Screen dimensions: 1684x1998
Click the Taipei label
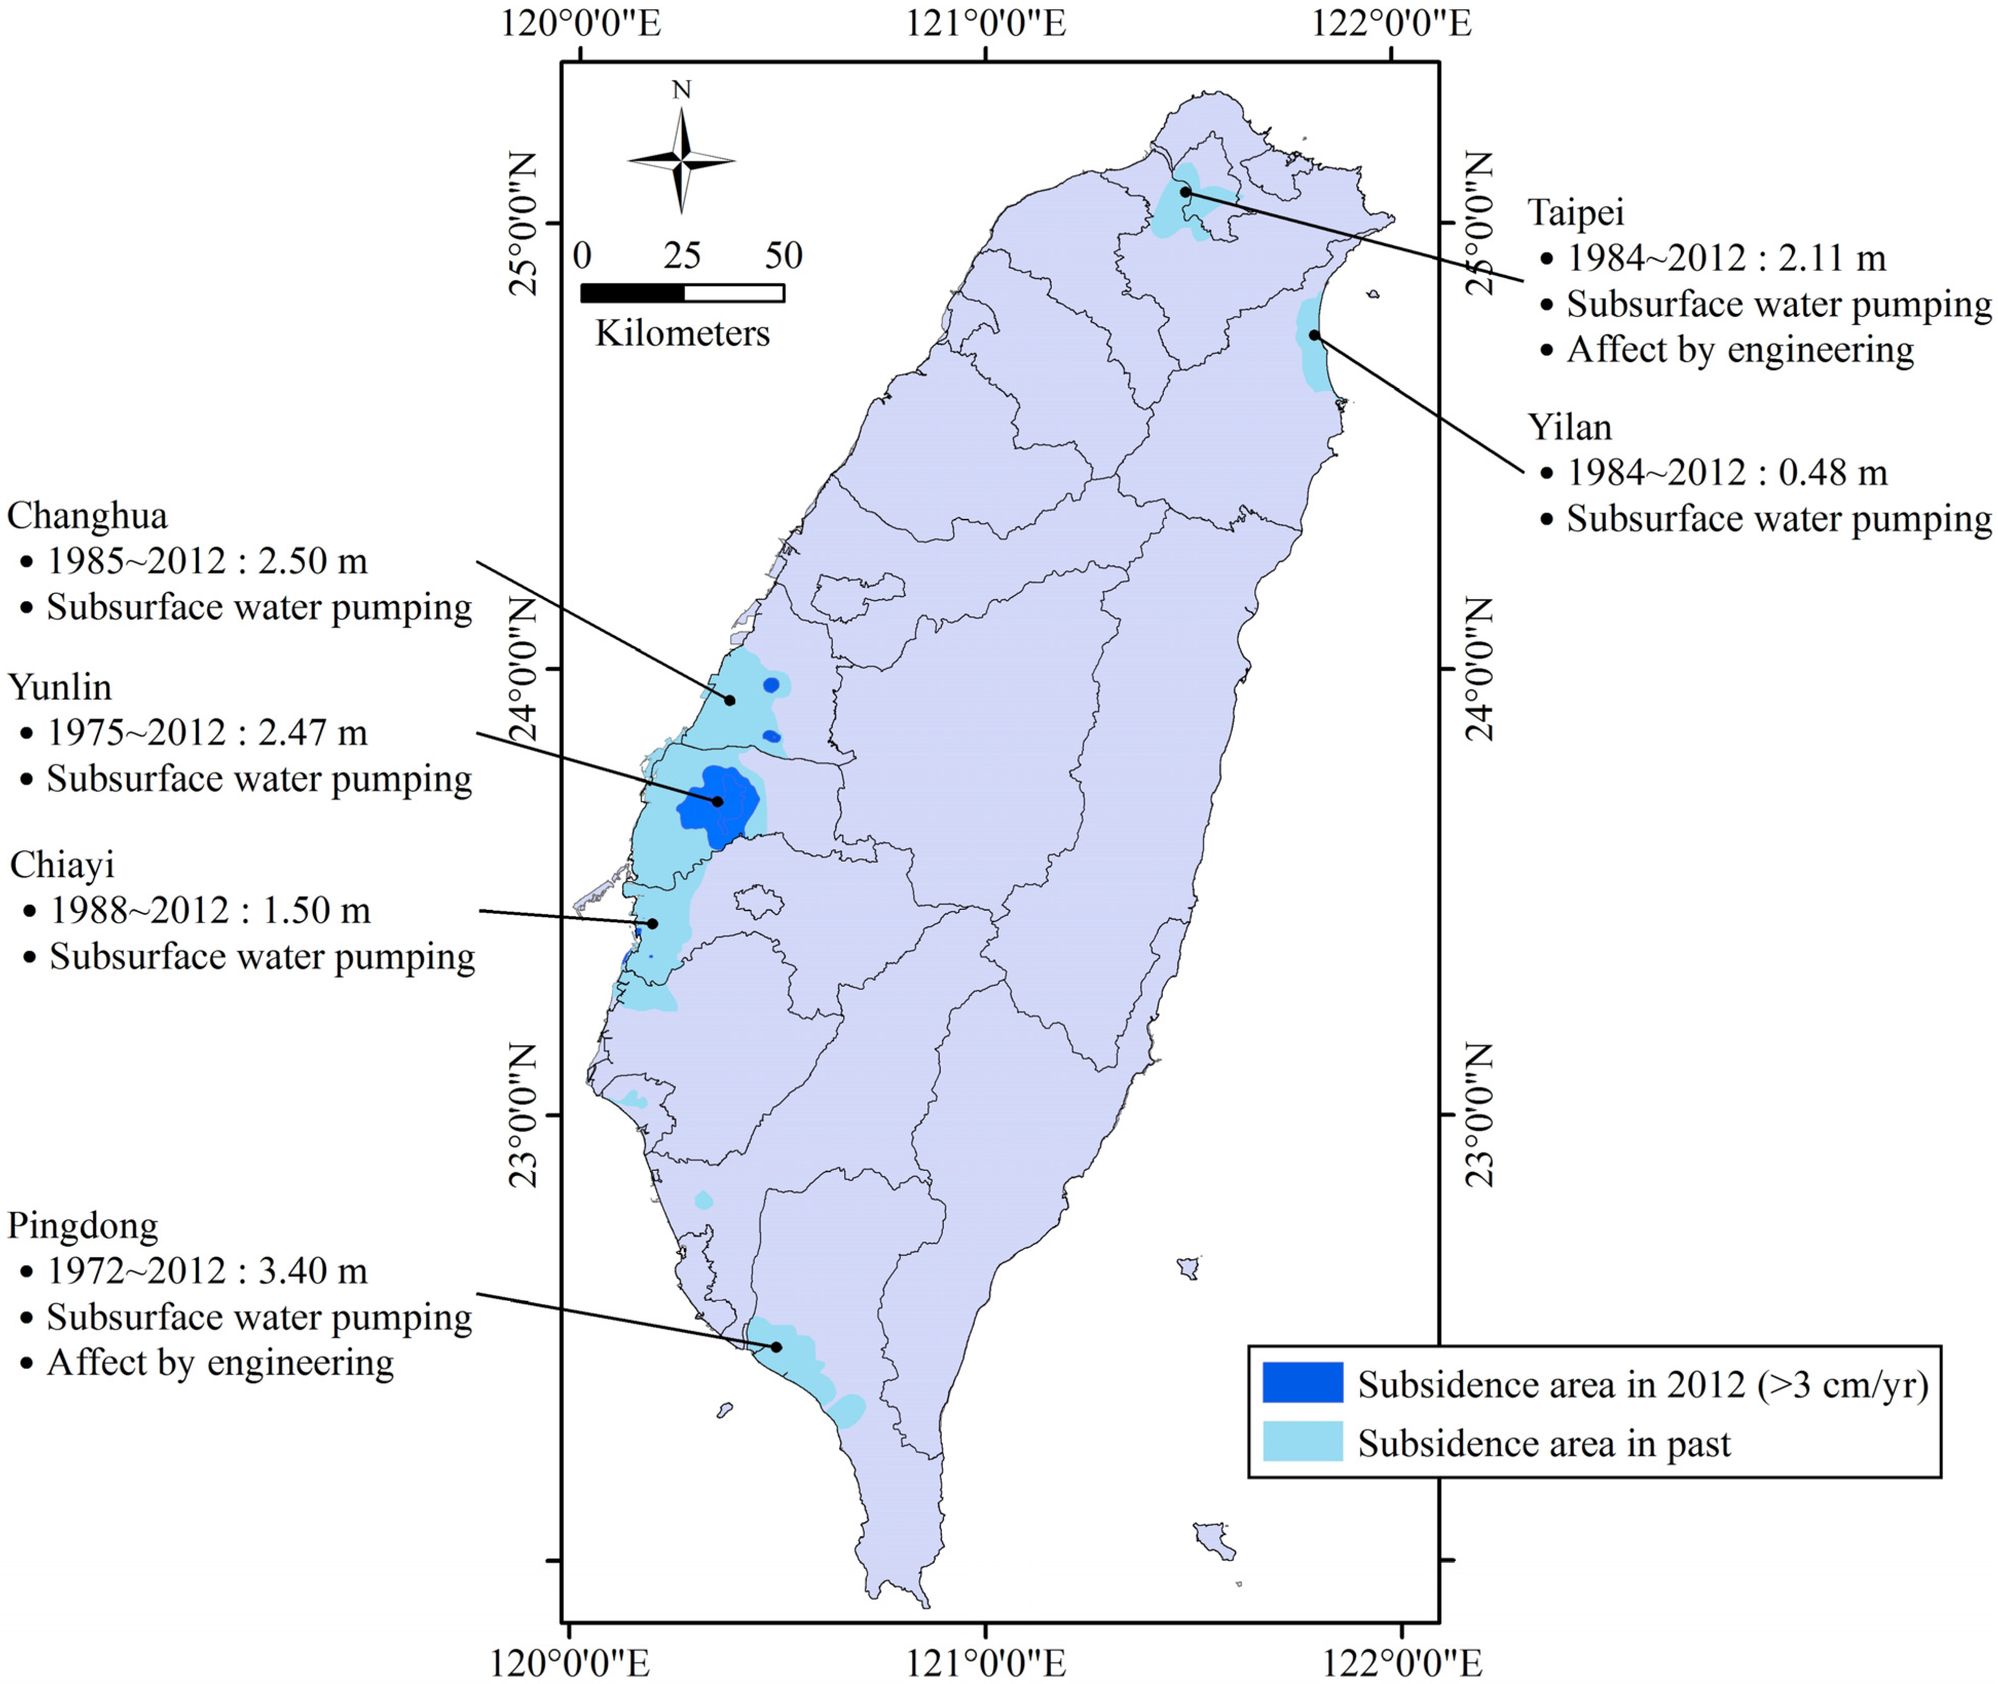pos(1575,213)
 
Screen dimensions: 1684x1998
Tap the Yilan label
pos(1569,427)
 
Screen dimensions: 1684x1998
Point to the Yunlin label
pos(59,687)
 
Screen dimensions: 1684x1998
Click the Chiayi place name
pos(62,865)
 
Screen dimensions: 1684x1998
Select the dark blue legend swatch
pos(1302,1382)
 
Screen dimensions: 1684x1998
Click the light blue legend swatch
pos(1302,1442)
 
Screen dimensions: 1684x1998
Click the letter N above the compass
pos(681,91)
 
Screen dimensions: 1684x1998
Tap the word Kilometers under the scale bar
pos(682,334)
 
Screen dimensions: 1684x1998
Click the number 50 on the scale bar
pos(783,256)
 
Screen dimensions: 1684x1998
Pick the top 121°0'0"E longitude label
pos(986,23)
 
